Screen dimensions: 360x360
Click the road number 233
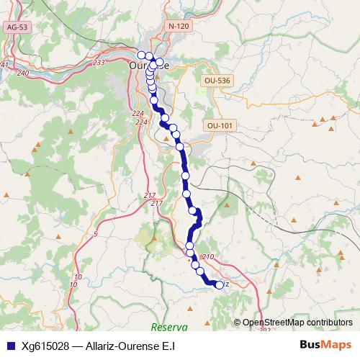pyautogui.click(x=99, y=63)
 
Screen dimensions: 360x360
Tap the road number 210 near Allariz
pyautogui.click(x=210, y=257)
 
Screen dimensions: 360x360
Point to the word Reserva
pyautogui.click(x=170, y=327)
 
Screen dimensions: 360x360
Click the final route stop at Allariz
pyautogui.click(x=220, y=284)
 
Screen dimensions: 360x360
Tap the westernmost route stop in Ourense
pyautogui.click(x=141, y=54)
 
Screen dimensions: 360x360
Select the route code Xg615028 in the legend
pyautogui.click(x=45, y=346)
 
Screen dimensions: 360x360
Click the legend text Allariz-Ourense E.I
pyautogui.click(x=129, y=346)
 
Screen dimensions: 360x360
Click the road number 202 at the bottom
pyautogui.click(x=264, y=329)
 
